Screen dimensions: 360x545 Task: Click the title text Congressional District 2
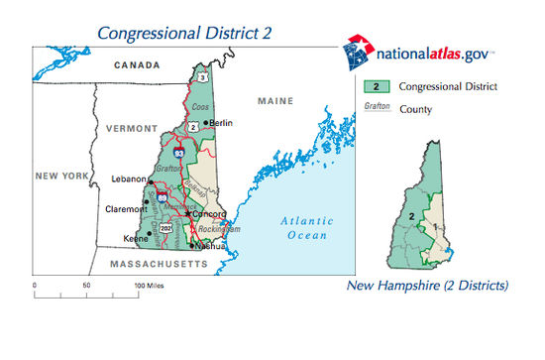click(183, 34)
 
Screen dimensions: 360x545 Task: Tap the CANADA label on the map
click(135, 65)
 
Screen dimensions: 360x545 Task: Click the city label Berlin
click(222, 123)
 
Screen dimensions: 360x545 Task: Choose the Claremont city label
click(126, 209)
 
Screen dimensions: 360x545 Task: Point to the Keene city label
click(135, 238)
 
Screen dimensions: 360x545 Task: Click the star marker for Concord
click(187, 213)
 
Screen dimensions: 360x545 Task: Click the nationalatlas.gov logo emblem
click(358, 52)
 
